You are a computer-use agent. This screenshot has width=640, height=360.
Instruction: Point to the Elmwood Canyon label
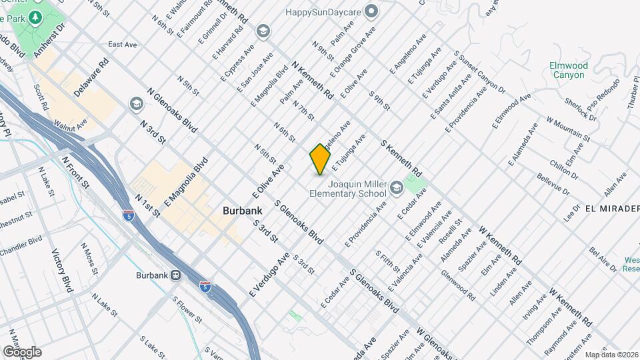tap(568, 70)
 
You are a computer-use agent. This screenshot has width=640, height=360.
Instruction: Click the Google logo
tap(21, 352)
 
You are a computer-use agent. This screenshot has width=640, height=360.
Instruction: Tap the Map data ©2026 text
tap(611, 355)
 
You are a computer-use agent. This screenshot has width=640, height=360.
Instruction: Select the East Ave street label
tap(122, 45)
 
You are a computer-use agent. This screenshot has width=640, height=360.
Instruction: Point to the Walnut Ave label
tap(71, 124)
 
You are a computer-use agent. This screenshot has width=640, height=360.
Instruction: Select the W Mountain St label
tap(568, 129)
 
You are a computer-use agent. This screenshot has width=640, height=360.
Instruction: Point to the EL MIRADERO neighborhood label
tap(612, 208)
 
